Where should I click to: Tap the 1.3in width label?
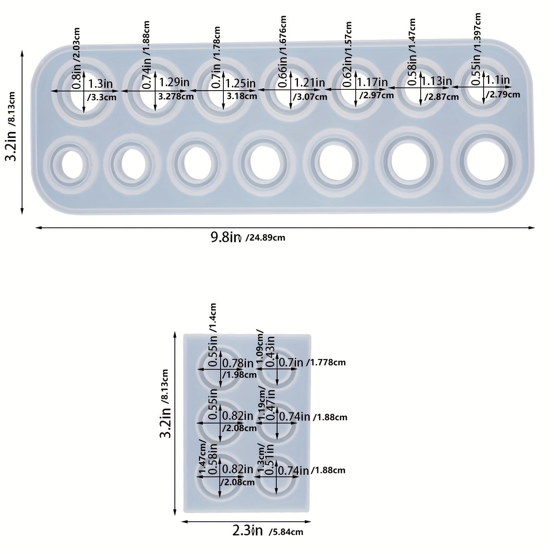100,84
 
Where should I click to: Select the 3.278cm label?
176,96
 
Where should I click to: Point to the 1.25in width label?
241,83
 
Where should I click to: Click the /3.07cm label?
310,97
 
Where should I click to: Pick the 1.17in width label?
373,83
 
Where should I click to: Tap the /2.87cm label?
442,97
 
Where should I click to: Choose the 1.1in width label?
498,81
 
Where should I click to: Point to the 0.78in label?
238,363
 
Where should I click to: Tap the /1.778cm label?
326,363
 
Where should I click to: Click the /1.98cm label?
239,375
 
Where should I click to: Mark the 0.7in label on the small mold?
291,363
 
